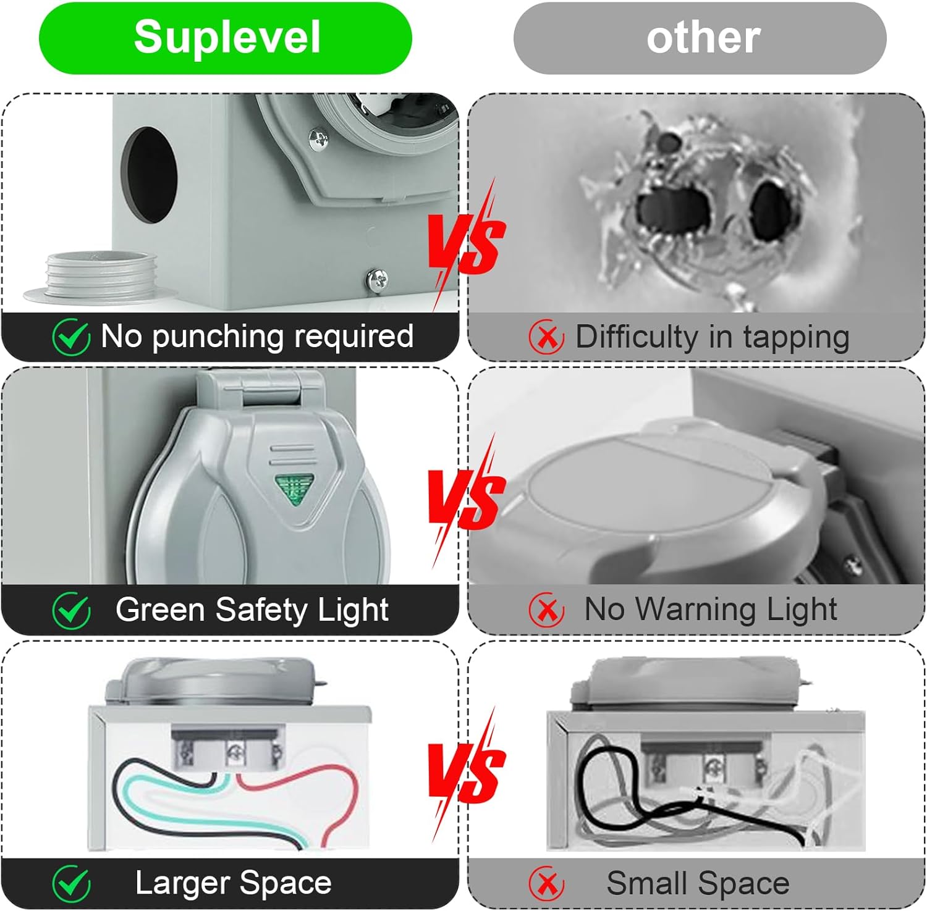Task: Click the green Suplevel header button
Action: tap(226, 38)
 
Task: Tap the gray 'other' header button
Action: tap(700, 38)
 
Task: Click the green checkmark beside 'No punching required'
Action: tap(71, 337)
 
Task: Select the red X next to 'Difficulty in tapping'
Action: tap(546, 337)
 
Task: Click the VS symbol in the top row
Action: tap(467, 244)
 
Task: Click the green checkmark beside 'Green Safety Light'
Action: tap(71, 610)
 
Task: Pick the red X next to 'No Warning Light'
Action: tap(546, 610)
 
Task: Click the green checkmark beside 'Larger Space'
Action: tap(71, 884)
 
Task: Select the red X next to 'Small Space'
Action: tap(546, 884)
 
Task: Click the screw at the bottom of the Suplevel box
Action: tap(378, 281)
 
